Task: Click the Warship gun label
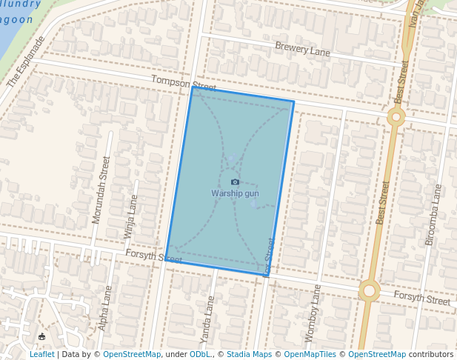tap(235, 193)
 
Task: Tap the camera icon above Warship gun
tap(235, 181)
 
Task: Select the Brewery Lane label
tap(302, 49)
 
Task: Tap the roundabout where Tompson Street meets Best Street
tap(396, 116)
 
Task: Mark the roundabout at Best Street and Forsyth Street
tap(369, 290)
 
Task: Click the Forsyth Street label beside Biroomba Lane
tap(421, 299)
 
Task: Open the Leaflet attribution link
tap(41, 354)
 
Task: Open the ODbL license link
tap(199, 354)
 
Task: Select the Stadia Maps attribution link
tap(249, 354)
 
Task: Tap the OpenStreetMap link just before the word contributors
tap(377, 354)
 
